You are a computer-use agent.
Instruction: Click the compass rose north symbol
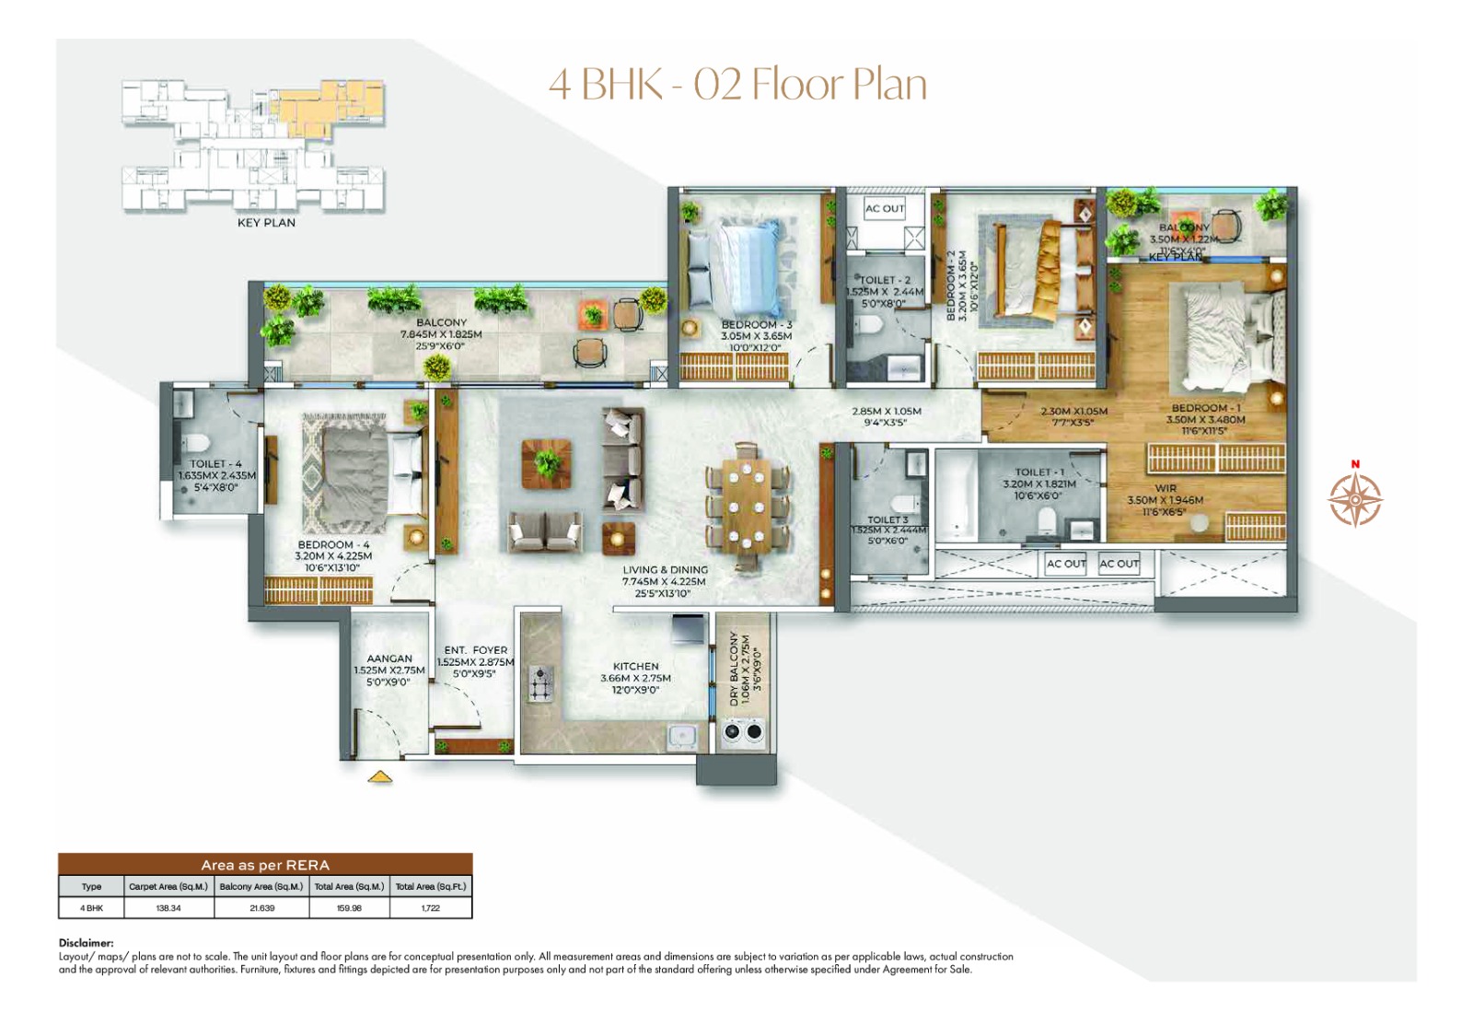(1354, 498)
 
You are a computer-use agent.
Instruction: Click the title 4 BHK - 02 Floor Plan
(737, 84)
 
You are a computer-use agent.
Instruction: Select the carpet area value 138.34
(168, 908)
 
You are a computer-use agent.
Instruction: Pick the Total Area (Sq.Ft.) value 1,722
(431, 908)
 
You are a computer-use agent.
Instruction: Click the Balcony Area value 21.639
(261, 908)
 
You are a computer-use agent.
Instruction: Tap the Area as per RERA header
(265, 865)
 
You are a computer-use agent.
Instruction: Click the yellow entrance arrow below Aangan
(380, 778)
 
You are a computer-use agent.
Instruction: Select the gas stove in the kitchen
(540, 684)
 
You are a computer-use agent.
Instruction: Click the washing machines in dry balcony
(744, 732)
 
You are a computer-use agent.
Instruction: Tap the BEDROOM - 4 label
(333, 545)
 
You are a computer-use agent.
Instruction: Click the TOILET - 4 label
(215, 464)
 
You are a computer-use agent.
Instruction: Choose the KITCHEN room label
(635, 666)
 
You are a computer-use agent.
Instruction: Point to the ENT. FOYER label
(475, 650)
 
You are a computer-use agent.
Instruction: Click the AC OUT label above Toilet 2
(884, 209)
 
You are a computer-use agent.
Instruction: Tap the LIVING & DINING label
(665, 570)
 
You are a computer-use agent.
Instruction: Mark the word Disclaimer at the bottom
(86, 943)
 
